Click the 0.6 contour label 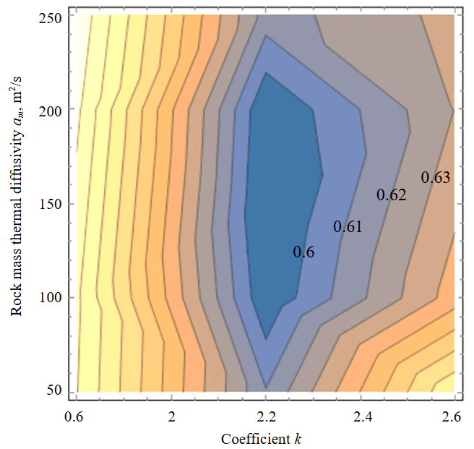303,252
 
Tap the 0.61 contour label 347,227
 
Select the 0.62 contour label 391,194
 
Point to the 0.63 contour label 436,177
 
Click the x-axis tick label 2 171,416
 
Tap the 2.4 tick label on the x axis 360,416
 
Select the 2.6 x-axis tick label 453,416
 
